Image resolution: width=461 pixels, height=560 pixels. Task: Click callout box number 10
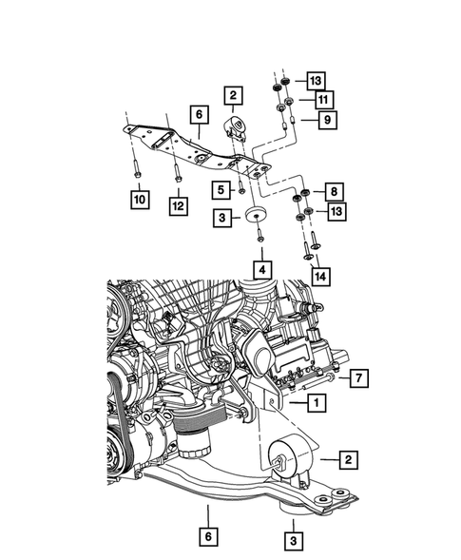pyautogui.click(x=139, y=201)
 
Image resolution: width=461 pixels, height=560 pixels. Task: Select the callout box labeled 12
pyautogui.click(x=179, y=204)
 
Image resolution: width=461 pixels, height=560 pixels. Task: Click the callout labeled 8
pyautogui.click(x=334, y=191)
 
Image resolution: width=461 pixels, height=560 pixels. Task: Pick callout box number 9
pyautogui.click(x=325, y=121)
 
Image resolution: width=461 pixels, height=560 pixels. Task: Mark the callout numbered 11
pyautogui.click(x=322, y=100)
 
